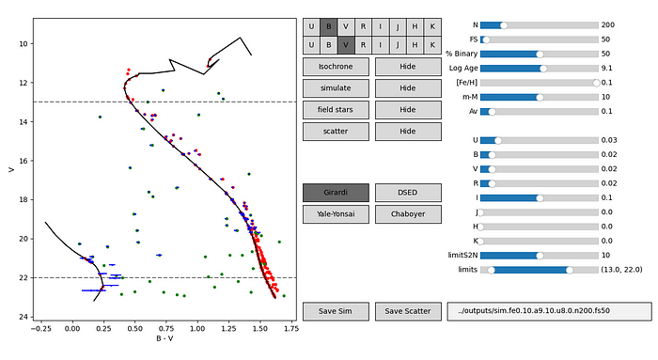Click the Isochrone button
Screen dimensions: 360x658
click(336, 66)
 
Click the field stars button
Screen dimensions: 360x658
click(336, 109)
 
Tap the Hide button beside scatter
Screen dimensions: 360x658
click(407, 132)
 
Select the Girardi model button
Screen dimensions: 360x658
click(336, 192)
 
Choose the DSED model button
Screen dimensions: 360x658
click(407, 192)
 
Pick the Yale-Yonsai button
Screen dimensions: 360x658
click(336, 214)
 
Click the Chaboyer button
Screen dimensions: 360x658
click(407, 214)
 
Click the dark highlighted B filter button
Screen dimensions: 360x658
click(329, 26)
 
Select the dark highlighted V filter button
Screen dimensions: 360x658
click(346, 44)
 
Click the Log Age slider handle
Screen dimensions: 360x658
click(543, 68)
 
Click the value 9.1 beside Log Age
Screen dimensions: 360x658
click(608, 68)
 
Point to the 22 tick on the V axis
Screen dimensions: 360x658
click(23, 278)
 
